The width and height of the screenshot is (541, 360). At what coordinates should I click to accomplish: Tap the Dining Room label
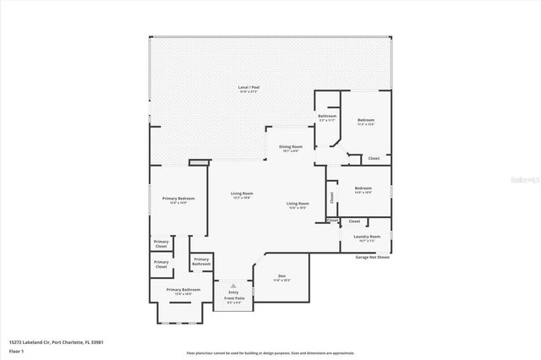(x=291, y=147)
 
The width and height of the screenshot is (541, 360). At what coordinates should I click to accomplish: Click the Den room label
(x=281, y=276)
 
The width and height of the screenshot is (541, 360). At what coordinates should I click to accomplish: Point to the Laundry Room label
(x=367, y=237)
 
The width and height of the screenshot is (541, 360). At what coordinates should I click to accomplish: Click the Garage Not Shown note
(x=373, y=257)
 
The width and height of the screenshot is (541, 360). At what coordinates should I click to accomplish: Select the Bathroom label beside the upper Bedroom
(x=327, y=116)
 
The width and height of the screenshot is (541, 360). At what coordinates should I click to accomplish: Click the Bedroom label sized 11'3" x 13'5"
(x=365, y=121)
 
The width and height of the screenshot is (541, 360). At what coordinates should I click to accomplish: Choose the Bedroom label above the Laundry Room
(x=363, y=188)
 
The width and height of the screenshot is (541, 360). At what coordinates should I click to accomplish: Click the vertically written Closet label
(x=332, y=196)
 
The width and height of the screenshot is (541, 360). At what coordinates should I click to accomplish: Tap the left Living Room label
(x=243, y=194)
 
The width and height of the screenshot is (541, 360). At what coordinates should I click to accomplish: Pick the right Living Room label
(x=298, y=204)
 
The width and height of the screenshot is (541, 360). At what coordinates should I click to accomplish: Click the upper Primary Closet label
(x=161, y=243)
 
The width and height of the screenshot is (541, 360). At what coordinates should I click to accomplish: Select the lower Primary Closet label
(x=161, y=264)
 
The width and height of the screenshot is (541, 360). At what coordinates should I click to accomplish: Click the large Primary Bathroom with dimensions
(x=183, y=290)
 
